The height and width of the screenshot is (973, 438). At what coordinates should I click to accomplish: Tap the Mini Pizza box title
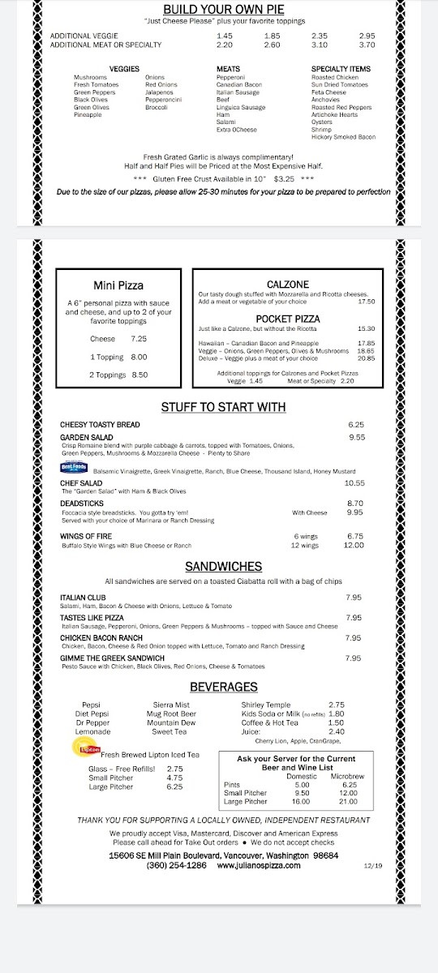point(118,285)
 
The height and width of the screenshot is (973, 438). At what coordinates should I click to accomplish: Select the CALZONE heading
point(287,284)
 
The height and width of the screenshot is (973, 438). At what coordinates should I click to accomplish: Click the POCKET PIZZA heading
point(287,319)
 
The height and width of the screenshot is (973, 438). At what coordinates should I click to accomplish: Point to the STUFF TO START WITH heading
point(223,407)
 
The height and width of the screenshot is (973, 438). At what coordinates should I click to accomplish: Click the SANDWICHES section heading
point(223,567)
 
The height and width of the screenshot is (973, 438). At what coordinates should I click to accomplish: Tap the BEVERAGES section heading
point(223,688)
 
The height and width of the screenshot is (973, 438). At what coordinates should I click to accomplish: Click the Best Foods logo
point(73,468)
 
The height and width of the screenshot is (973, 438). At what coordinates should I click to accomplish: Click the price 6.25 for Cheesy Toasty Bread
point(355,425)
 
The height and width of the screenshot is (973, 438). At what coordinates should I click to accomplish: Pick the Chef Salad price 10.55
point(354,483)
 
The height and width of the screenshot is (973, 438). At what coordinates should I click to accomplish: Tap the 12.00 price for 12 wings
point(354,546)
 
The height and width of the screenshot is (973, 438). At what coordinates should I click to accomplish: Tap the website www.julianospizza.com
point(255,865)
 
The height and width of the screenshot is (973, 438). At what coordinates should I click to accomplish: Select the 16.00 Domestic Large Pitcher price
point(302,801)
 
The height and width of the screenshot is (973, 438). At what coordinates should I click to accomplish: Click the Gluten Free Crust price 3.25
point(284,178)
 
